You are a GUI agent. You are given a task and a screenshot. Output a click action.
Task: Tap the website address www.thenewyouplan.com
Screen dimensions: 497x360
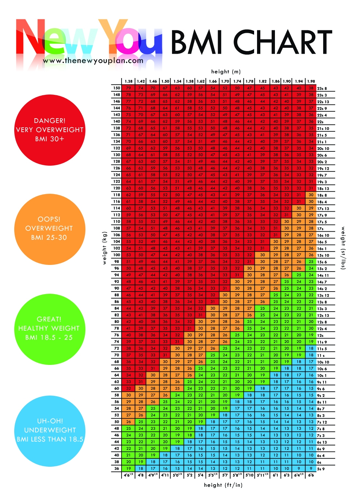pyautogui.click(x=93, y=61)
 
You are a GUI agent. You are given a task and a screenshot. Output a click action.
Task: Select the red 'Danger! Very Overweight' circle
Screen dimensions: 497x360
pyautogui.click(x=50, y=130)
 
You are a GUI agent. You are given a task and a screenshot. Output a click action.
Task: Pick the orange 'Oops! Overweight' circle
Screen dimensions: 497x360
pyautogui.click(x=50, y=228)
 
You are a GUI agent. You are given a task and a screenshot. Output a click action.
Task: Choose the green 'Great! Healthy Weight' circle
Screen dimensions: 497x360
pyautogui.click(x=50, y=328)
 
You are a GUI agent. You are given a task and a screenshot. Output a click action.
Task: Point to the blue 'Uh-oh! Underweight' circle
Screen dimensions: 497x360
pyautogui.click(x=50, y=430)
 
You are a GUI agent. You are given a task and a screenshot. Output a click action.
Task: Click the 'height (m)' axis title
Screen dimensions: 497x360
pyautogui.click(x=226, y=72)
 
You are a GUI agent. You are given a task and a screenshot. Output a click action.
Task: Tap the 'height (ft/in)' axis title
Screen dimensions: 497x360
pyautogui.click(x=223, y=485)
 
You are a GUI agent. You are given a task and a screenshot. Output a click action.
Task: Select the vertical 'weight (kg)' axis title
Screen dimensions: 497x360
pyautogui.click(x=104, y=248)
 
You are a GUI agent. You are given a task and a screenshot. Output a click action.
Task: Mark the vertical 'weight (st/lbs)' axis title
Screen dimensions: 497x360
pyautogui.click(x=343, y=248)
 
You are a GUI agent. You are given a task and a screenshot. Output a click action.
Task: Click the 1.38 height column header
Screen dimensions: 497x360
pyautogui.click(x=129, y=81)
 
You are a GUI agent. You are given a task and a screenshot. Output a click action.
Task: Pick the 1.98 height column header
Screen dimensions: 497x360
pyautogui.click(x=311, y=81)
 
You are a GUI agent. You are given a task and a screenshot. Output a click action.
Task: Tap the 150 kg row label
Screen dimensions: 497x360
pyautogui.click(x=116, y=88)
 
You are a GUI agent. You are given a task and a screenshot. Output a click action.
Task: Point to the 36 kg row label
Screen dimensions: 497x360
pyautogui.click(x=116, y=469)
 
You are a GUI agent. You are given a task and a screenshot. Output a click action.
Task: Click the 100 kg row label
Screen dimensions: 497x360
pyautogui.click(x=116, y=255)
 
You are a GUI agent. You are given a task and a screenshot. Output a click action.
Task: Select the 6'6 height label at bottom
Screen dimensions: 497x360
pyautogui.click(x=311, y=475)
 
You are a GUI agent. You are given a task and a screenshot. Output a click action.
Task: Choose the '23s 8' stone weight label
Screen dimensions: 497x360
pyautogui.click(x=322, y=88)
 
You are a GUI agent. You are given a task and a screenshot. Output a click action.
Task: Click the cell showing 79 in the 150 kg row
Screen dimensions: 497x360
pyautogui.click(x=129, y=88)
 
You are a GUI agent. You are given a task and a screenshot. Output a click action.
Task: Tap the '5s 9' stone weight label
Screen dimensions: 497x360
pyautogui.click(x=321, y=469)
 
